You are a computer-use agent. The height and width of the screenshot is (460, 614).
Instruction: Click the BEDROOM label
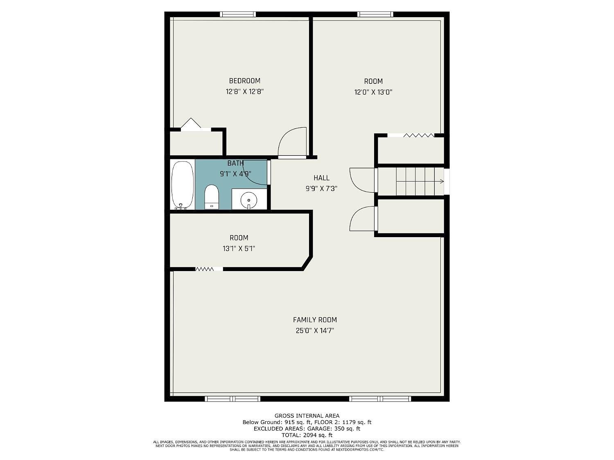coord(244,81)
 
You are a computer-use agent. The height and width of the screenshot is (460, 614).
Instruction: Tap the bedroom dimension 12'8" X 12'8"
coord(245,92)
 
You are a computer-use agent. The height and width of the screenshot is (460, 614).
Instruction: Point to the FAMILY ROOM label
coord(315,320)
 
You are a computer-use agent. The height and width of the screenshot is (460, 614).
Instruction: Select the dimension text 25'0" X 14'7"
coord(315,331)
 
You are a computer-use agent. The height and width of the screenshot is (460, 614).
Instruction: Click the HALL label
coord(321,178)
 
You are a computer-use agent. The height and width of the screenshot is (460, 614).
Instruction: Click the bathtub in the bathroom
coord(183,185)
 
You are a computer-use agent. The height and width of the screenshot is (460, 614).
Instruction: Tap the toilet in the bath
coord(212,197)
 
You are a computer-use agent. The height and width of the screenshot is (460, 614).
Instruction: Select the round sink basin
coord(248,200)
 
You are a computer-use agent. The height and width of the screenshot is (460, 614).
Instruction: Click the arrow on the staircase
coord(420,182)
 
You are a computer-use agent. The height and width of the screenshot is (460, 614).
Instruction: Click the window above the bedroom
coord(238,14)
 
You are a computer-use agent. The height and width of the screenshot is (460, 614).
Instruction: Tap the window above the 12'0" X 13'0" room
coord(375,14)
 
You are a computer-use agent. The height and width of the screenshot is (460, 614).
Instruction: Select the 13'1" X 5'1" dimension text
coord(239,249)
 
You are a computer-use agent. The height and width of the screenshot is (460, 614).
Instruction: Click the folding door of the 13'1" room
coord(205,269)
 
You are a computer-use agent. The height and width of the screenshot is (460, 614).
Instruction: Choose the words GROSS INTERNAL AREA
coord(307,416)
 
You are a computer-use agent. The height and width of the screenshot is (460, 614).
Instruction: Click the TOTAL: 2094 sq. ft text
coord(307,435)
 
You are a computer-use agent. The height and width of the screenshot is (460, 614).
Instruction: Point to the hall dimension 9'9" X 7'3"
coord(321,189)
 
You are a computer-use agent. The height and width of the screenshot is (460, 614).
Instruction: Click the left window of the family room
coord(233,399)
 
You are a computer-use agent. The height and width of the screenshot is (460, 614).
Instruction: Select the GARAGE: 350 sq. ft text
coord(334,429)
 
